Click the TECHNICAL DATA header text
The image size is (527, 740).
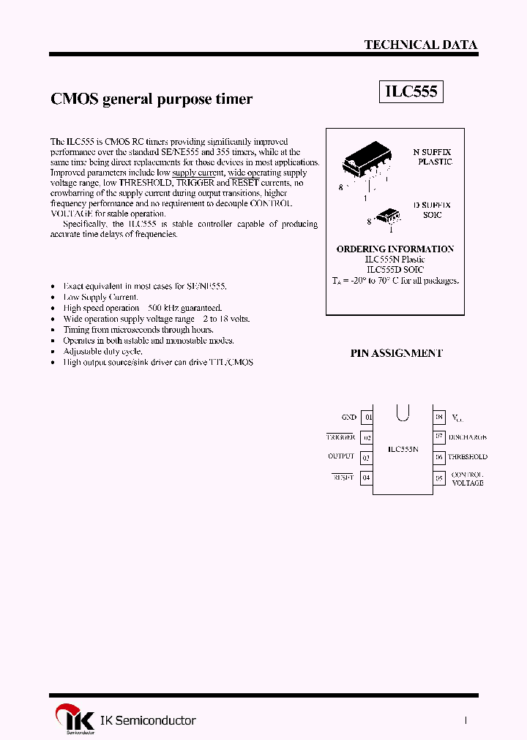421,45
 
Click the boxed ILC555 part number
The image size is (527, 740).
411,91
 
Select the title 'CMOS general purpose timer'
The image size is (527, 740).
152,99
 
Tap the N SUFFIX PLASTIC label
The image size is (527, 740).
434,156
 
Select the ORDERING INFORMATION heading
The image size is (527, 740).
395,249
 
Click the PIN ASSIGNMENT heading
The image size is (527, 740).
396,352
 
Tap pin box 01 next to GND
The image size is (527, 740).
367,418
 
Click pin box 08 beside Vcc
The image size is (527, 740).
439,418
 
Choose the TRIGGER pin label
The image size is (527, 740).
341,437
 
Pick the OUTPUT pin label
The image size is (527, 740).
341,456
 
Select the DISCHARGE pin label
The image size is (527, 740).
468,437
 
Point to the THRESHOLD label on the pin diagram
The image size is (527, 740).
468,457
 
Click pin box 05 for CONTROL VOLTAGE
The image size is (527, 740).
439,478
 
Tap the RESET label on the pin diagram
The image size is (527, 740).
343,477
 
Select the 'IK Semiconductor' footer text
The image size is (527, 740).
148,720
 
